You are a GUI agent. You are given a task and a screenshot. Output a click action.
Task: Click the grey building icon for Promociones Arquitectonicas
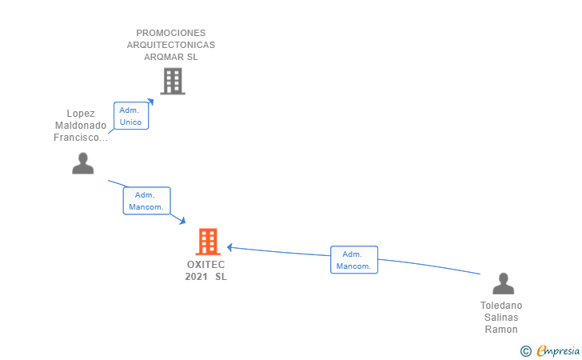[x=173, y=81]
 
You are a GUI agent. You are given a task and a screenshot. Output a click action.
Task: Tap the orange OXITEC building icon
[x=207, y=241]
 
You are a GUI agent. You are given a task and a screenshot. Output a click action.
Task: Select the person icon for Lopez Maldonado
[x=83, y=163]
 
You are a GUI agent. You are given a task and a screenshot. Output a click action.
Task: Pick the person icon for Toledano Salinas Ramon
[x=503, y=283]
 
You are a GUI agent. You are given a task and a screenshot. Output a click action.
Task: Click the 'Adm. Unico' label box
[x=130, y=116]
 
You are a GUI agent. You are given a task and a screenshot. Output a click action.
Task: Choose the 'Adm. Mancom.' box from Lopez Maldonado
[x=146, y=201]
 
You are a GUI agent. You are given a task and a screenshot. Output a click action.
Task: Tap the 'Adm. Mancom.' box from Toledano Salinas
[x=353, y=260]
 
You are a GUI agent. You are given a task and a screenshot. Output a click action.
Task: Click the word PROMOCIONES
[x=170, y=33]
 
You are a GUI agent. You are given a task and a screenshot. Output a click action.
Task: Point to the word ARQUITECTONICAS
[x=170, y=45]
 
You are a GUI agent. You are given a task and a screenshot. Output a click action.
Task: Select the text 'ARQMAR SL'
[x=170, y=57]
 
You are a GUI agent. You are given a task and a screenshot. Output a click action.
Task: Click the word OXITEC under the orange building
[x=206, y=265]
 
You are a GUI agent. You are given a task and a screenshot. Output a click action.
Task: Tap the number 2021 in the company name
[x=196, y=277]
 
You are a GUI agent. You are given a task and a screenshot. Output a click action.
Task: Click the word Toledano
[x=501, y=306]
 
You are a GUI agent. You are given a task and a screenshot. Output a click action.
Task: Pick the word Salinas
[x=501, y=318]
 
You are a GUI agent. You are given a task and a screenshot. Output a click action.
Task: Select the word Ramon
[x=501, y=330]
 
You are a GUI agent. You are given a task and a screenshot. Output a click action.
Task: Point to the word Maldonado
[x=81, y=126]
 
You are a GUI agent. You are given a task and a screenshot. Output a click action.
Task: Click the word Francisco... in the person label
[x=81, y=138]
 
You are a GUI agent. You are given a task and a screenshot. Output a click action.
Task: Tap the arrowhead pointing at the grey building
[x=150, y=102]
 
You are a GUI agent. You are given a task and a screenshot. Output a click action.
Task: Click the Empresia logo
[x=557, y=350]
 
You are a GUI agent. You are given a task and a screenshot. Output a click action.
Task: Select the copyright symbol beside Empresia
[x=525, y=350]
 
